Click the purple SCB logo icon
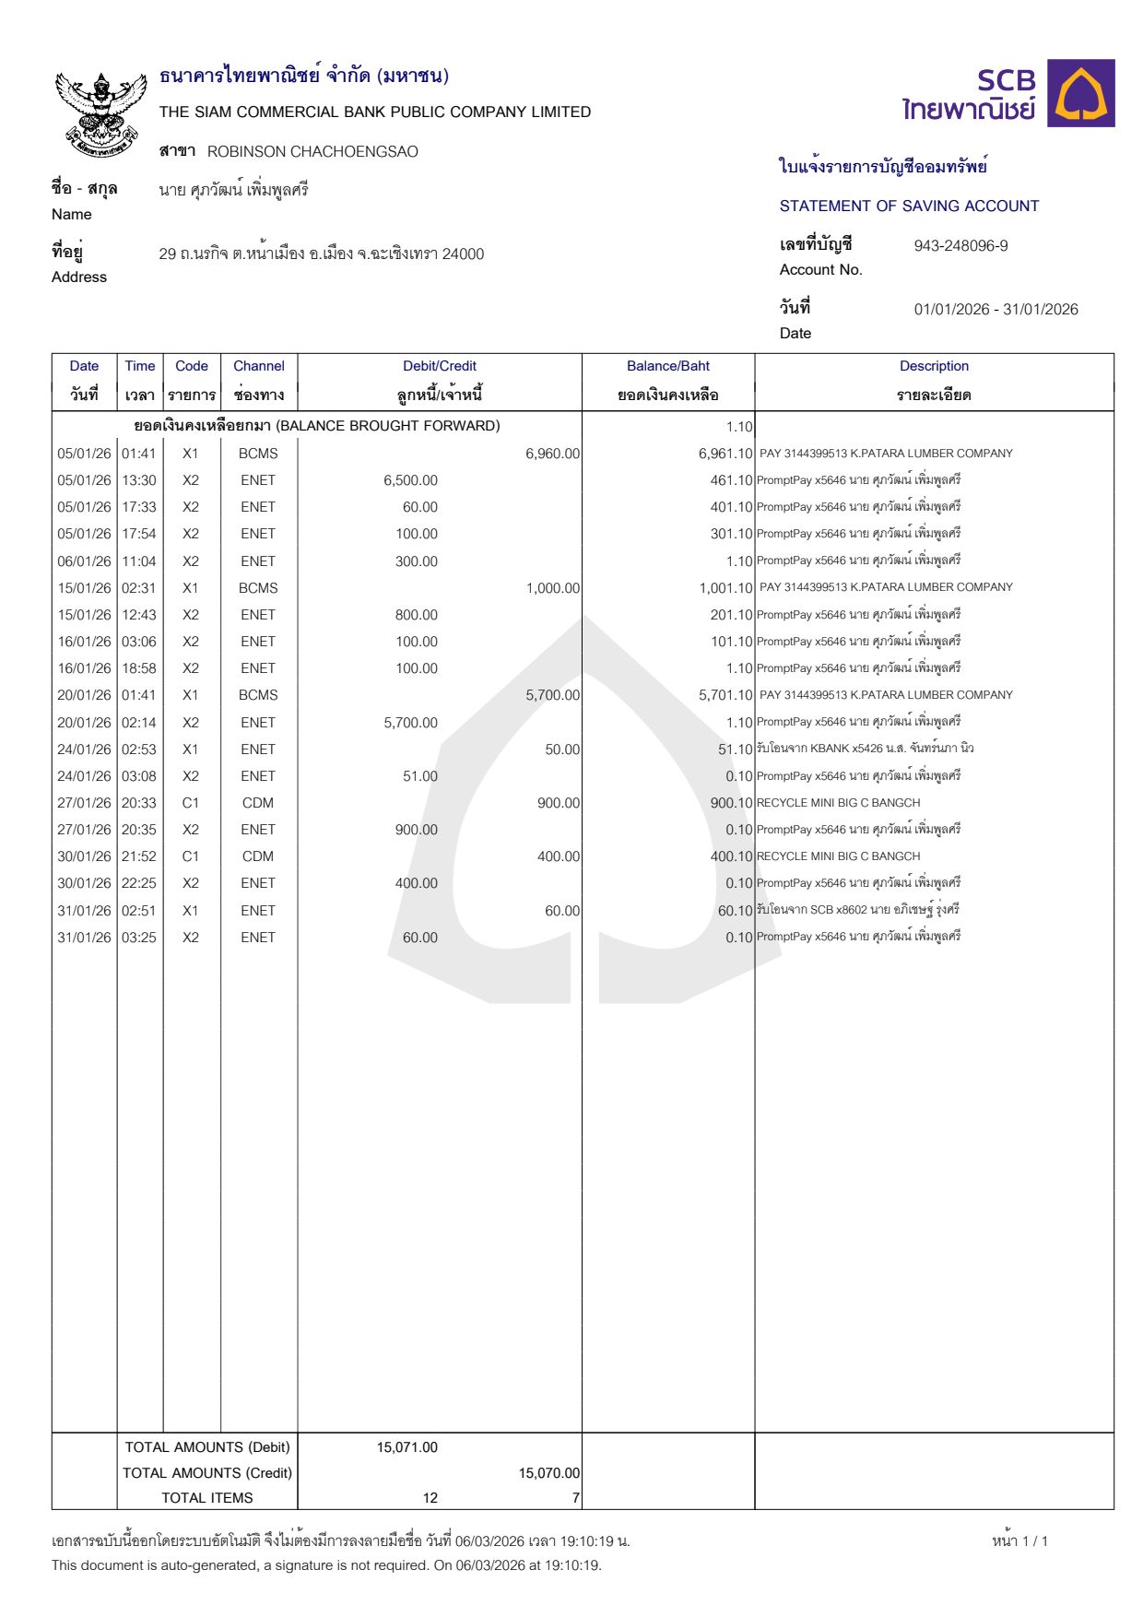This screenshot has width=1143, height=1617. (1081, 93)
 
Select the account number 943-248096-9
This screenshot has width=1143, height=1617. (960, 246)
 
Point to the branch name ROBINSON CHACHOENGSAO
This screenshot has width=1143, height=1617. (312, 151)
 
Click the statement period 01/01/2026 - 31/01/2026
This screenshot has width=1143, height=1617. (996, 310)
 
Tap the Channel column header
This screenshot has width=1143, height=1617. (258, 366)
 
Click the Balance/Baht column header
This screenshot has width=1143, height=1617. (667, 366)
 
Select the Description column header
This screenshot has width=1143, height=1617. (934, 366)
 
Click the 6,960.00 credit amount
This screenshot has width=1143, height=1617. (552, 454)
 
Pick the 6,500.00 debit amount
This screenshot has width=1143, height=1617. (410, 480)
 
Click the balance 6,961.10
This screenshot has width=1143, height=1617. (725, 454)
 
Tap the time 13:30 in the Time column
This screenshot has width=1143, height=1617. (139, 480)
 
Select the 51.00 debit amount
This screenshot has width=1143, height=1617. (419, 776)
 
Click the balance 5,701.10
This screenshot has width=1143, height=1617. (725, 695)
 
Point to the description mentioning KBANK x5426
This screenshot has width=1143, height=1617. (865, 749)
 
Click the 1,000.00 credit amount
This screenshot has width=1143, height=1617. (552, 588)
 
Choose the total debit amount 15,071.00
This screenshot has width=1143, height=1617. (407, 1447)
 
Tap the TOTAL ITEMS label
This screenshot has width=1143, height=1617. (207, 1498)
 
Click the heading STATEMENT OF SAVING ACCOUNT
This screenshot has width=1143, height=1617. (909, 207)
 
